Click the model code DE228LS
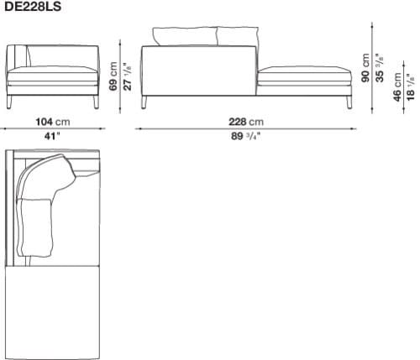(33, 6)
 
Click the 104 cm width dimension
(53, 122)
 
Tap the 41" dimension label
(52, 137)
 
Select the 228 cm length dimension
(246, 122)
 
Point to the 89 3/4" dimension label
(245, 137)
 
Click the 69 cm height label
(113, 76)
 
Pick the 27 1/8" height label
(127, 76)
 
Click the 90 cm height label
(365, 68)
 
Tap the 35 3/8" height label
(380, 68)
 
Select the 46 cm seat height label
(396, 87)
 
